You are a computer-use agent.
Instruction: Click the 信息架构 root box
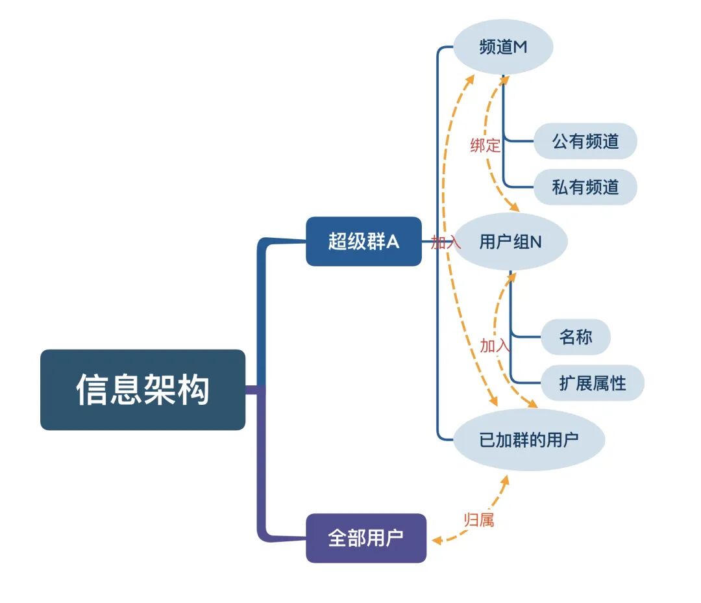(143, 389)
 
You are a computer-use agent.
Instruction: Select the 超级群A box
(363, 242)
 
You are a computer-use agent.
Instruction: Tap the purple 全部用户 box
(366, 538)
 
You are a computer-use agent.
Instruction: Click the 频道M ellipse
(503, 47)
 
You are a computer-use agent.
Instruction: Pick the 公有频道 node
(585, 141)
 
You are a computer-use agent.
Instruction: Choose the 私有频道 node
(585, 188)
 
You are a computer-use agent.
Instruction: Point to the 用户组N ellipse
(511, 242)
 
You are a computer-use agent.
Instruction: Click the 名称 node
(576, 337)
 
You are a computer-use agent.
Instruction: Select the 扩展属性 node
(593, 383)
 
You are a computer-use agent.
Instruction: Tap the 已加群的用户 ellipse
(529, 440)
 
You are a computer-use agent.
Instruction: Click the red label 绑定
(485, 146)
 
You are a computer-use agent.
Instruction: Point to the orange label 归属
(479, 520)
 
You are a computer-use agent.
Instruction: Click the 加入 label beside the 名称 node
(495, 346)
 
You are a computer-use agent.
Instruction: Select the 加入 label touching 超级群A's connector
(445, 242)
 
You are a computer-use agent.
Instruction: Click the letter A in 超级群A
(393, 242)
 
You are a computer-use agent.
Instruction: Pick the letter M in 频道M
(520, 47)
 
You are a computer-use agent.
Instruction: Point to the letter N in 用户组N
(535, 242)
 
